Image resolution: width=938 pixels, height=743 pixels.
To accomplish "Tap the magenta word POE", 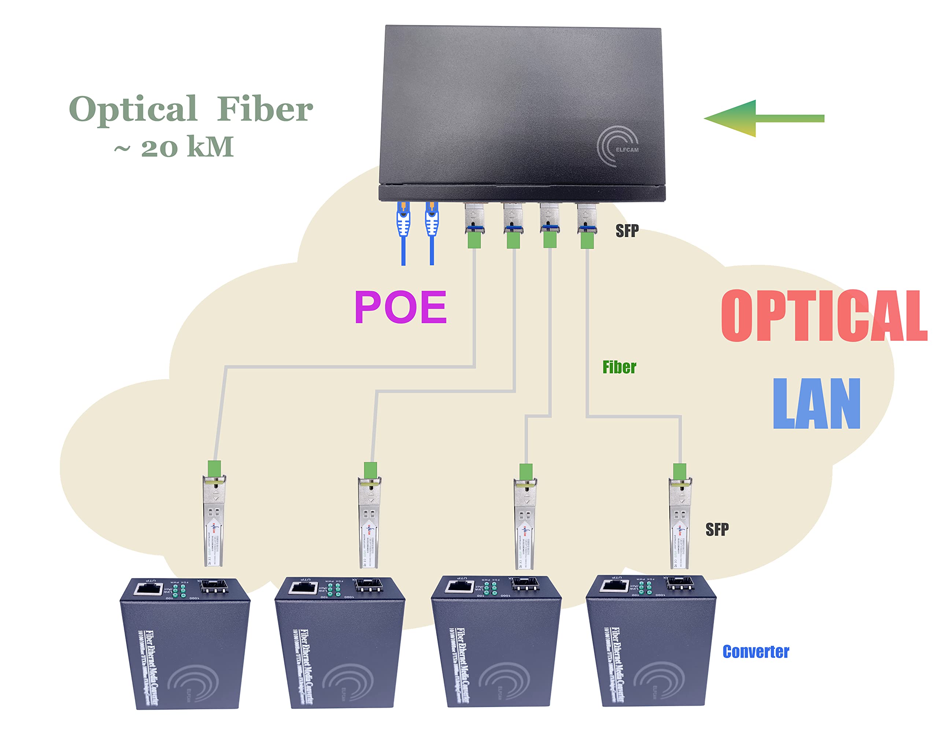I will (400, 307).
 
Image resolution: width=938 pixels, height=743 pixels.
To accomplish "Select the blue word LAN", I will (817, 404).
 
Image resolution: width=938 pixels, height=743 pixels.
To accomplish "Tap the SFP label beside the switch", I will (627, 231).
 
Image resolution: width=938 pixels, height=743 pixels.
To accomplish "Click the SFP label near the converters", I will (717, 529).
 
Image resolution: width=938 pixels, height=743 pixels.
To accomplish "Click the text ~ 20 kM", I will (174, 147).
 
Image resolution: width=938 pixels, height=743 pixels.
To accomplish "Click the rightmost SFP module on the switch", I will (587, 220).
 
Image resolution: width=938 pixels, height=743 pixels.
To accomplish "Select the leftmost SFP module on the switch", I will (474, 220).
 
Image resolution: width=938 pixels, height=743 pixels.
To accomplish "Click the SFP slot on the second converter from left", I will (369, 585).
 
